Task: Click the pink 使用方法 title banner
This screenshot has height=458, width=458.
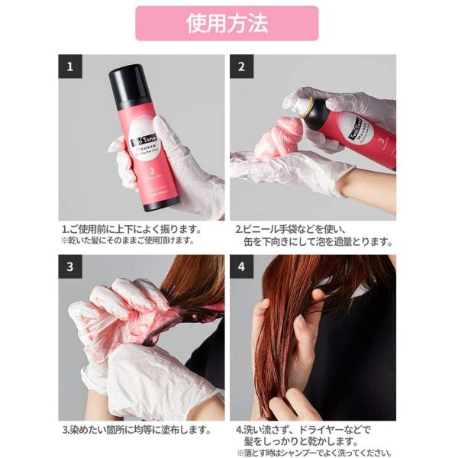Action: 227,23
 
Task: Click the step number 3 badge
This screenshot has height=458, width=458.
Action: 70,266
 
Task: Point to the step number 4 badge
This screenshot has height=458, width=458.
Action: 242,266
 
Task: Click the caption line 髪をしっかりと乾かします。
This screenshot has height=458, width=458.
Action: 304,441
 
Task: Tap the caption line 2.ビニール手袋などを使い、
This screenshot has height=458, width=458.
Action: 292,228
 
